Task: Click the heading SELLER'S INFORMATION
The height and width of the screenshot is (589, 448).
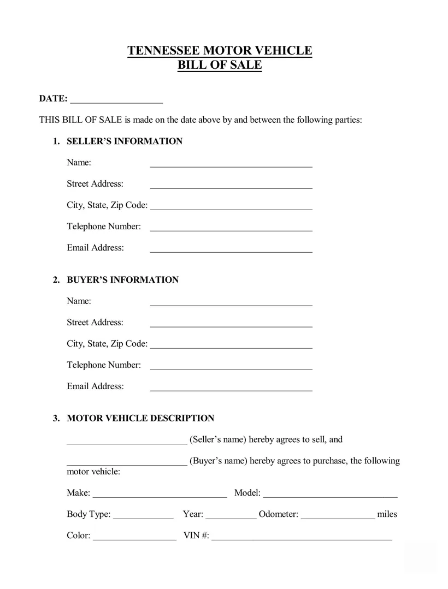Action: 125,141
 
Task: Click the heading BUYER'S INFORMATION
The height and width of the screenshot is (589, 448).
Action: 122,280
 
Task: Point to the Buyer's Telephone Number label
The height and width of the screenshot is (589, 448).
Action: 104,365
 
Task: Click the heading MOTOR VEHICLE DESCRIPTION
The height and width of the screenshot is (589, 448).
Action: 140,419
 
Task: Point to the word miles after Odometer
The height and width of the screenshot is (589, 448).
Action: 387,514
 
